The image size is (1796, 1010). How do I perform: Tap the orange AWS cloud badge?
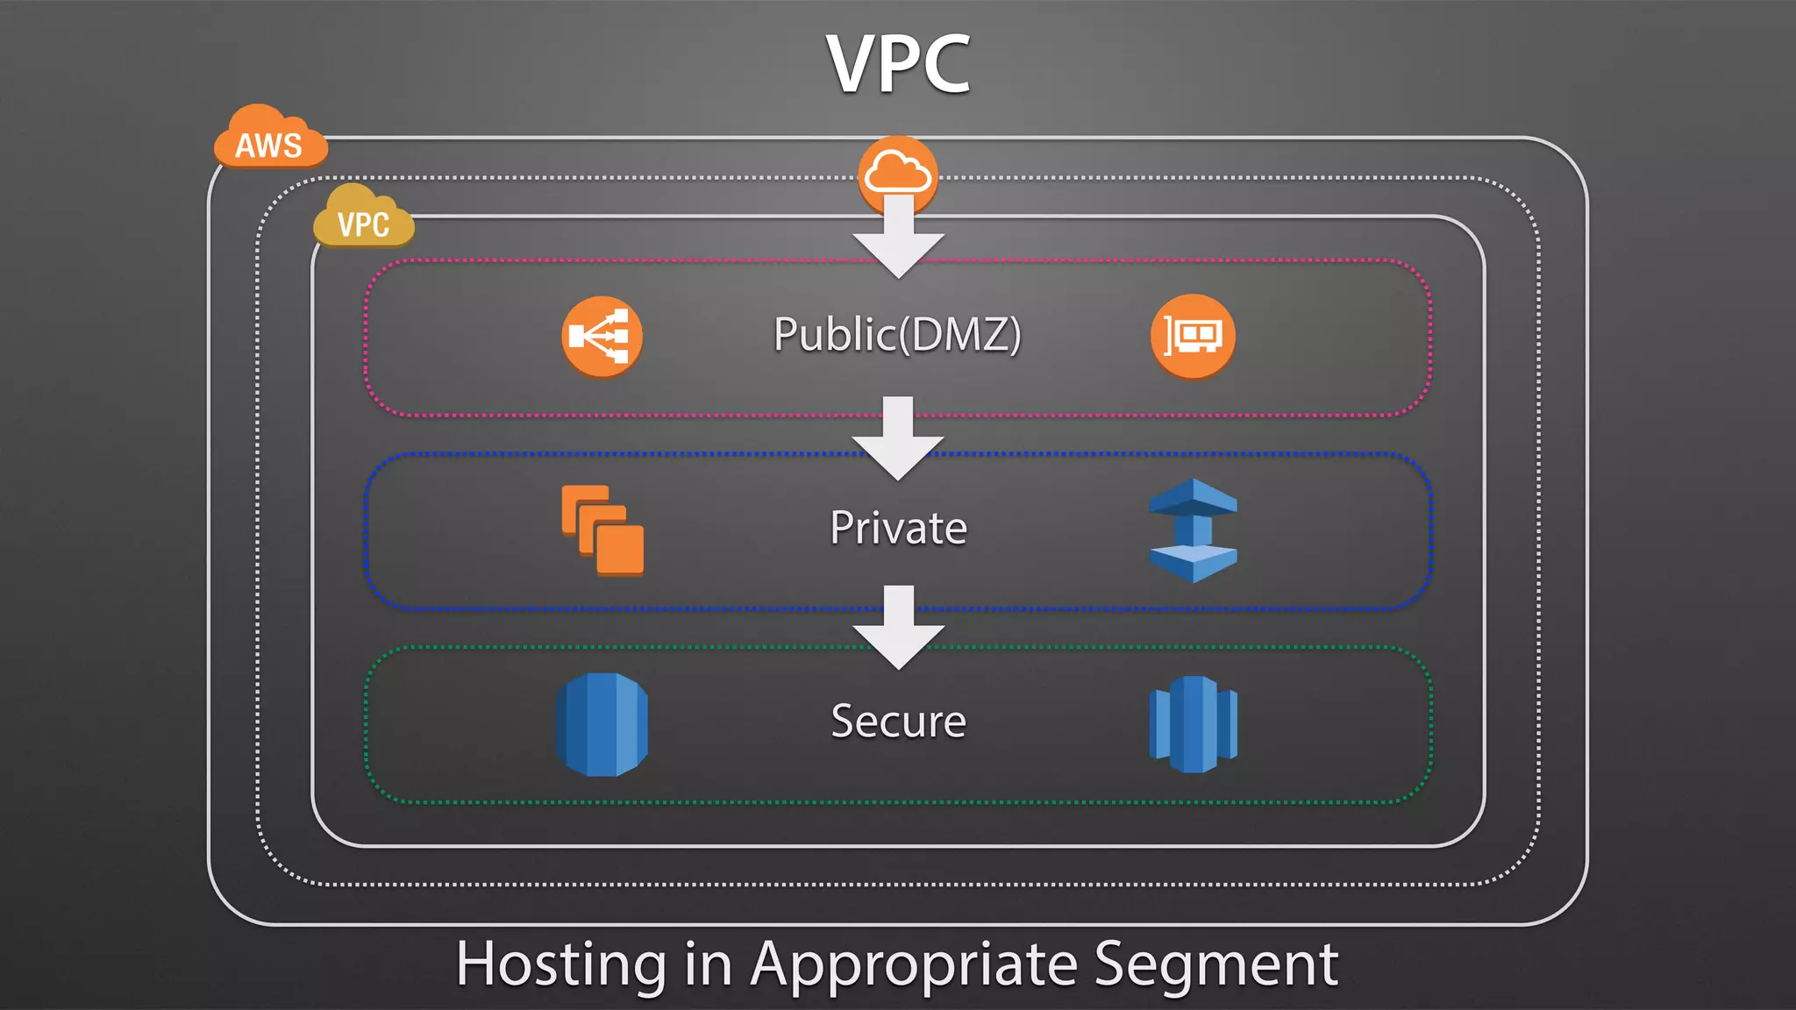(269, 140)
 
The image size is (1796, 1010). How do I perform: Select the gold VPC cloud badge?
(363, 220)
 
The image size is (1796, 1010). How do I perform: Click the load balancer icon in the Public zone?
(602, 336)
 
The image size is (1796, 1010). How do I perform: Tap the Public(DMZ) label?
(897, 335)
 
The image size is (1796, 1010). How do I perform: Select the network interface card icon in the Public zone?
(1193, 336)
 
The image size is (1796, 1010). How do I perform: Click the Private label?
(898, 529)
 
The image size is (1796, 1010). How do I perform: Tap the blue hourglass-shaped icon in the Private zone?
(1193, 530)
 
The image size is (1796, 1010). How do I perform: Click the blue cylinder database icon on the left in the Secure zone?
(602, 724)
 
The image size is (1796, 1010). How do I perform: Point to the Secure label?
(898, 722)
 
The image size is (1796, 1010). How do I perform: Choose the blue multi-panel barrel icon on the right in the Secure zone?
(1193, 724)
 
